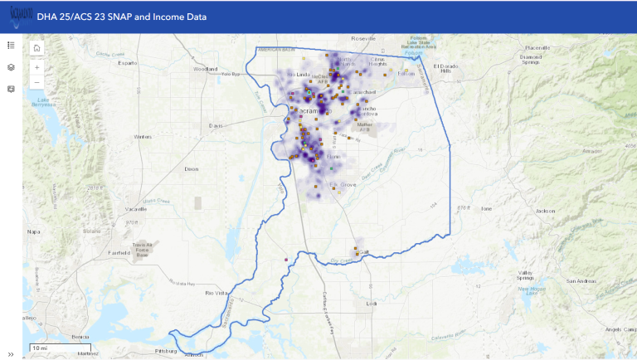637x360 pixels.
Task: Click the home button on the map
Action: [37, 49]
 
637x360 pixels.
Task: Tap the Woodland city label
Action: [205, 70]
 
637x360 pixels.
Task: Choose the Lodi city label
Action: [371, 304]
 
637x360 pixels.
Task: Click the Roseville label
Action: [363, 39]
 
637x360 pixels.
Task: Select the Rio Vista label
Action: [216, 293]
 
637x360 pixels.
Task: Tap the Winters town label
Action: [143, 136]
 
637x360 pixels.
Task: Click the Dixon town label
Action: [192, 168]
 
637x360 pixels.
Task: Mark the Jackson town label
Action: [545, 211]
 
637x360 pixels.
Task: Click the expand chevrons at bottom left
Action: [11, 353]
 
